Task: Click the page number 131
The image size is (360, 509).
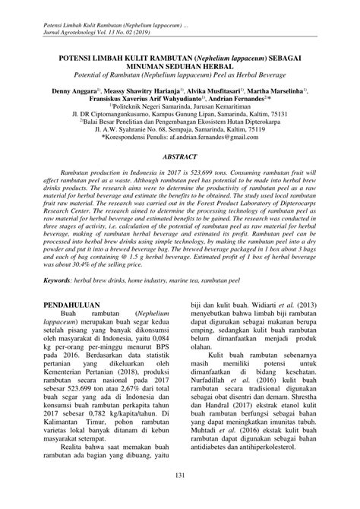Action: click(x=180, y=476)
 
